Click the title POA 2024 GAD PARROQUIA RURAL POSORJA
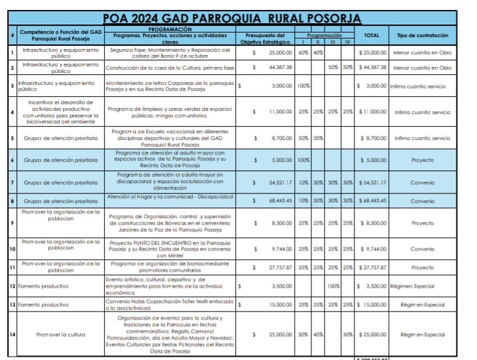click(232, 18)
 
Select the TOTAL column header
click(371, 35)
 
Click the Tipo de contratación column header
click(422, 35)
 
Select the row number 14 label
click(13, 334)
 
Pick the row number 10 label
click(13, 249)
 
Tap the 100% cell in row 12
click(333, 286)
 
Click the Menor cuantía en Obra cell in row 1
click(422, 51)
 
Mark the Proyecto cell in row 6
click(422, 160)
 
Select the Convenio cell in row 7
click(422, 182)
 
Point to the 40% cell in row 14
click(318, 334)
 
